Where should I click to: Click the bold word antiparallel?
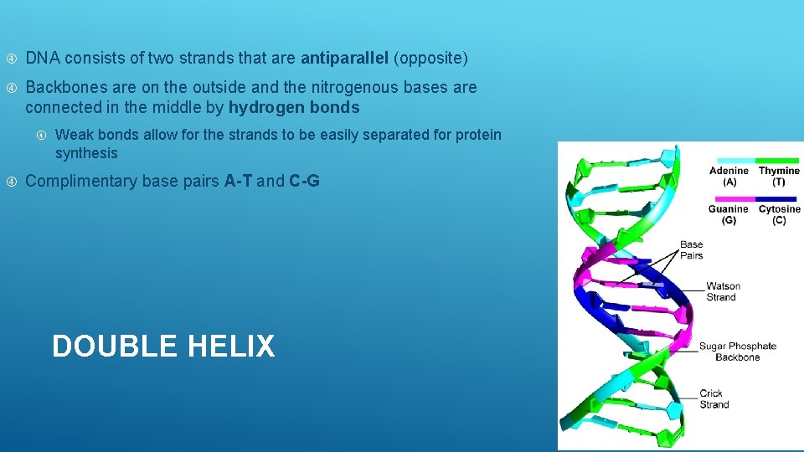344,59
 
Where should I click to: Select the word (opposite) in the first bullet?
430,59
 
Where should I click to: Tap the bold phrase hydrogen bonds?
294,108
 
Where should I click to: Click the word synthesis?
86,154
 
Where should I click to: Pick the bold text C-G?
304,182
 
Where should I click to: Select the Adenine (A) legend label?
729,176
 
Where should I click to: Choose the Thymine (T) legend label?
779,176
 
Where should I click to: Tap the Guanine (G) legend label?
729,214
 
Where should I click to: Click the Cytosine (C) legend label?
779,214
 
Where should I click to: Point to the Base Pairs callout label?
691,250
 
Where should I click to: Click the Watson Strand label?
723,291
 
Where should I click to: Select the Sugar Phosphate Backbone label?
737,352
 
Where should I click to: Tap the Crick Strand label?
714,398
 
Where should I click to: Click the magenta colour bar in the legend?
729,198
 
